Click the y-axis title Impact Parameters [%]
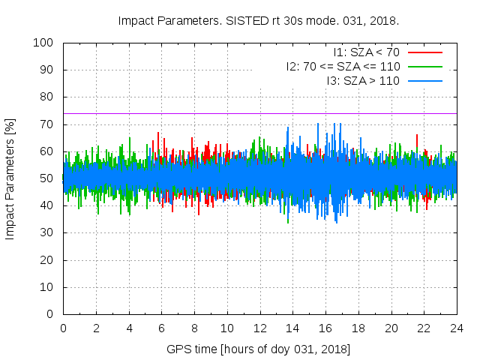(10, 178)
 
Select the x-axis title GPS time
(259, 349)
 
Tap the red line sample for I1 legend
(424, 52)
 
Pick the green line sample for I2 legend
(424, 66)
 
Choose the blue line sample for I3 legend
(424, 79)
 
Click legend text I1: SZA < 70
(366, 52)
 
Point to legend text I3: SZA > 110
(363, 79)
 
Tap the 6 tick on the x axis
(161, 328)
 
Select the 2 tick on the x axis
(96, 328)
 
